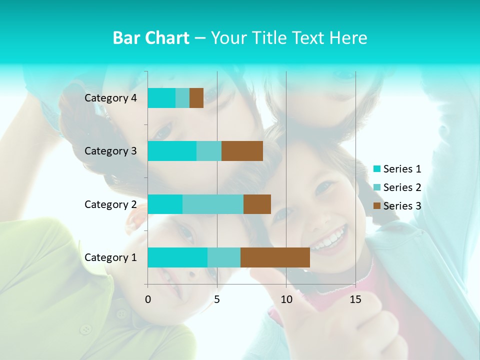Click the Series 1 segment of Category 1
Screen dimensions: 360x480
177,257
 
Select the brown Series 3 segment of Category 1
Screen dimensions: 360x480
275,257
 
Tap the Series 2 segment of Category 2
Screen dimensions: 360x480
213,204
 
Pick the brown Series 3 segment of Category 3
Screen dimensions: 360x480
242,151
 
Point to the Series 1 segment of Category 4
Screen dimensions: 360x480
161,98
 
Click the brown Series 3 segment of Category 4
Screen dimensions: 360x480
196,98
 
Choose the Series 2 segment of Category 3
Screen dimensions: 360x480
209,151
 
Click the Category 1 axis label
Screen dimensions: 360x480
110,257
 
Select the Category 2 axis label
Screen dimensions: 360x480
110,204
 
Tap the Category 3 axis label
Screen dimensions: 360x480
110,151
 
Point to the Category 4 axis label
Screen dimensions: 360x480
110,98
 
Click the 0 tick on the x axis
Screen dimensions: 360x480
148,299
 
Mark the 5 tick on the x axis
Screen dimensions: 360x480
217,299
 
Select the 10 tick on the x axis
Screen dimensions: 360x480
286,299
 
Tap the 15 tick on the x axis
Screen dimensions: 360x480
355,299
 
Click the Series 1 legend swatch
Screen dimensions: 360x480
377,169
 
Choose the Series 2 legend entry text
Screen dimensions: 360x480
402,187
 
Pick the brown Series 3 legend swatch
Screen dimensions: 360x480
377,206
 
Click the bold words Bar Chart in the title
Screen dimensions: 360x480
150,38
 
